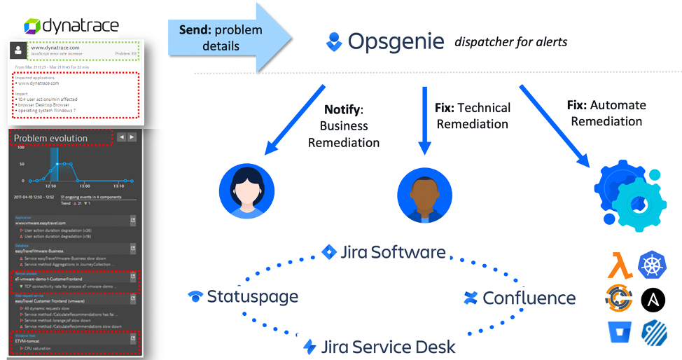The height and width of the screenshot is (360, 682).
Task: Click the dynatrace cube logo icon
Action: [x=33, y=27]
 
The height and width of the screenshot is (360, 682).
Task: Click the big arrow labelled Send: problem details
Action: [x=231, y=38]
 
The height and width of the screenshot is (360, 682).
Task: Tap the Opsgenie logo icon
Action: [x=334, y=41]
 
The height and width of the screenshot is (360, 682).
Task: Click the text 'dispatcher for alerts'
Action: [x=510, y=42]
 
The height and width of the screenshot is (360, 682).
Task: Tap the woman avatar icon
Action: [x=246, y=191]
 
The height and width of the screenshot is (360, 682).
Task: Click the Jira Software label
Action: [x=384, y=252]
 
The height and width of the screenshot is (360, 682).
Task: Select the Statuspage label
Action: [x=244, y=296]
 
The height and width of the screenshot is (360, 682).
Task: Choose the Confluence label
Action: [x=520, y=298]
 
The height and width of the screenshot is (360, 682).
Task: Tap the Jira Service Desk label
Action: [x=380, y=346]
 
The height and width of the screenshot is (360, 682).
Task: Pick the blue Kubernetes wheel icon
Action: [x=653, y=264]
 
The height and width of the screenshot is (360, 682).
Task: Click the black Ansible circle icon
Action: [x=653, y=300]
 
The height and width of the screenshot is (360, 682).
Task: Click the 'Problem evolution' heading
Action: [x=51, y=138]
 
